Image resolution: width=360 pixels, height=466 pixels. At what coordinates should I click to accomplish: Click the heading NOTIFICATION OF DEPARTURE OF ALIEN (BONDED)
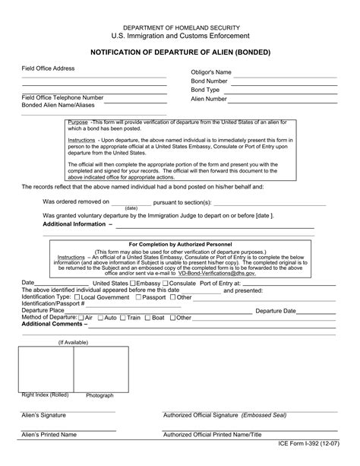coord(179,54)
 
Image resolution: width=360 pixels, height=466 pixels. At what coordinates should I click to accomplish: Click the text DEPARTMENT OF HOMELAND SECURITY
coord(180,26)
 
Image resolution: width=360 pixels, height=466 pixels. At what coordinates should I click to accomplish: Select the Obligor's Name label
coord(211,72)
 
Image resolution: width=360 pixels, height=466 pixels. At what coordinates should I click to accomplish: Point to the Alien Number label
coord(209,99)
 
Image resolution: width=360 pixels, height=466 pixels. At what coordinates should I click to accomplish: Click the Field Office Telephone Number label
coord(62,97)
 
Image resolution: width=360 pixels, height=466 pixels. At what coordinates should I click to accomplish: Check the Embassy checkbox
coord(134,283)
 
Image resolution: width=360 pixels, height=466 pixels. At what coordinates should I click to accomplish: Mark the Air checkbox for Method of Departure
coord(81,317)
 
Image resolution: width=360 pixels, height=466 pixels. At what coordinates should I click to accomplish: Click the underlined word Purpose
coord(77,122)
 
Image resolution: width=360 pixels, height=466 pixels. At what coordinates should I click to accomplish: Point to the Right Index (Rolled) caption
coord(45,395)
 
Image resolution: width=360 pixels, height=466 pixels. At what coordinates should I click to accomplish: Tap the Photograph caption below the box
coord(99,395)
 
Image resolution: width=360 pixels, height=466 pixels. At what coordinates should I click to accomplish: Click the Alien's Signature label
coord(43,415)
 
